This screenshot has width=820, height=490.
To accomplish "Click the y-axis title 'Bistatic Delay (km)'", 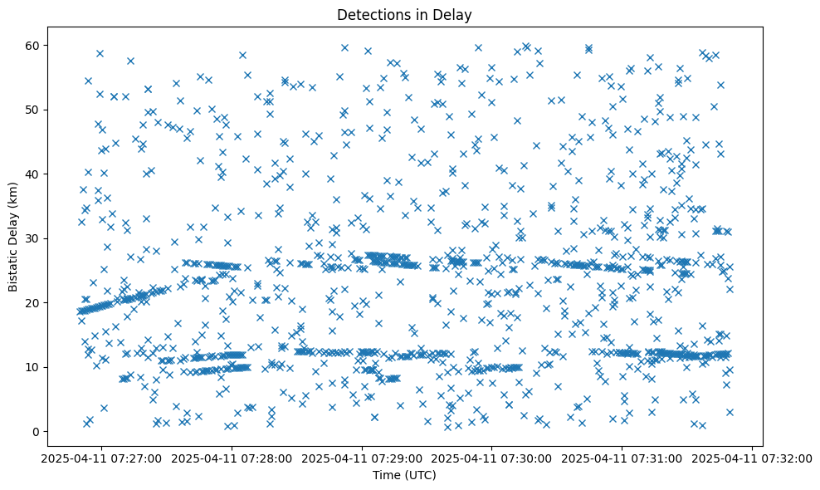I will coord(14,237).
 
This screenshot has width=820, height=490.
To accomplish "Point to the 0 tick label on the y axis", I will coord(37,431).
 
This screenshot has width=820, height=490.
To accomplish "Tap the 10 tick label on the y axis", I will coord(33,367).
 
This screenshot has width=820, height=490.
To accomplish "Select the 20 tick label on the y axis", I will coord(33,302).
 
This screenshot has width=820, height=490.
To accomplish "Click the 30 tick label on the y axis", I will coord(33,238).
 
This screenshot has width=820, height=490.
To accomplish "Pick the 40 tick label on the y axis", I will coord(33,174).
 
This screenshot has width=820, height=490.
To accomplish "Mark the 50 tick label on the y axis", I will coord(33,110).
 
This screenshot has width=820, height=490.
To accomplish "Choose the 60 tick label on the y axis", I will coord(33,45).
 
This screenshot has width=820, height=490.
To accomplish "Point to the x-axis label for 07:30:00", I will coord(492,458).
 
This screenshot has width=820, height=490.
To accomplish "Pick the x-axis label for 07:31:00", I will coord(622,458).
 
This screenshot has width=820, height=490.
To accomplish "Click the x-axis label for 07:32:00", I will coord(753,458).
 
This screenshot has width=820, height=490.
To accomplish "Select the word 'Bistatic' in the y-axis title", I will coord(14,267).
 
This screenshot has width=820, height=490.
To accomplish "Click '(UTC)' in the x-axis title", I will coord(419,476).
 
